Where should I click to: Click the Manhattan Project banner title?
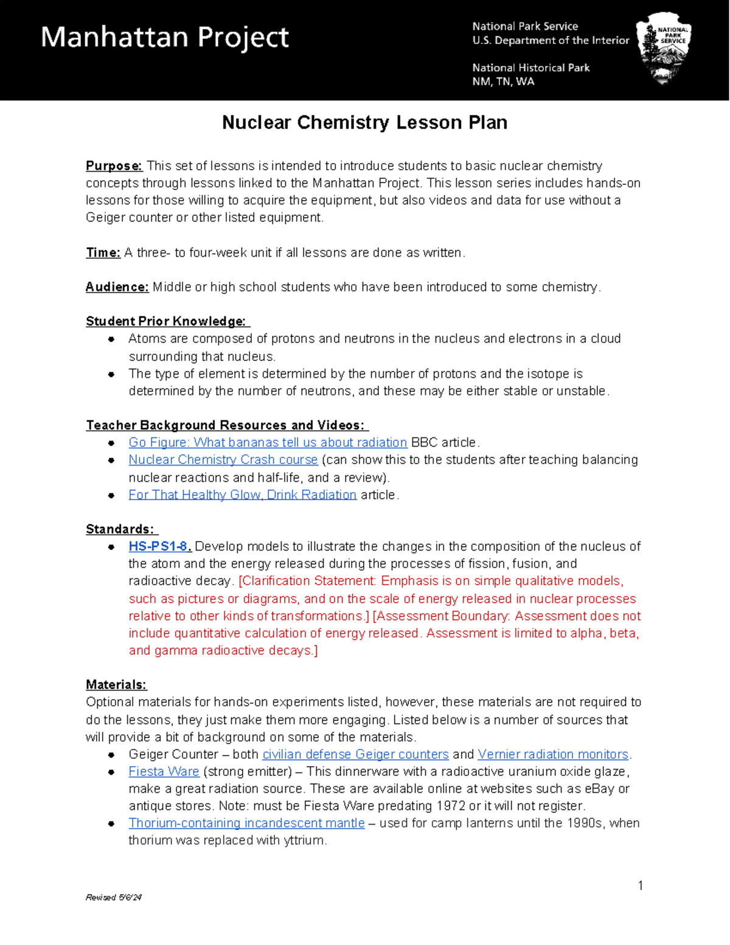pyautogui.click(x=164, y=38)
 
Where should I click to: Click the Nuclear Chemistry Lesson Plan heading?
pyautogui.click(x=364, y=122)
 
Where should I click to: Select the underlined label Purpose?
pyautogui.click(x=114, y=166)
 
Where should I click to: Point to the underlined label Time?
pyautogui.click(x=103, y=253)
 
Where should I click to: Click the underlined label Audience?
pyautogui.click(x=117, y=287)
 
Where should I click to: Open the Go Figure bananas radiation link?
pyautogui.click(x=268, y=442)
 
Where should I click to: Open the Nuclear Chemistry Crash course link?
pyautogui.click(x=223, y=460)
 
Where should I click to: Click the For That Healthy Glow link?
pyautogui.click(x=242, y=495)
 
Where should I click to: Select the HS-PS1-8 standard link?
pyautogui.click(x=159, y=546)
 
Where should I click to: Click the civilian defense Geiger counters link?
pyautogui.click(x=355, y=755)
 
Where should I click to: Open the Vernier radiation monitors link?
pyautogui.click(x=553, y=755)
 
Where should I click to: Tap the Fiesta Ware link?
pyautogui.click(x=164, y=772)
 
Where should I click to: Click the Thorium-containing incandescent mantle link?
pyautogui.click(x=246, y=823)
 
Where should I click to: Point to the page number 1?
pyautogui.click(x=641, y=885)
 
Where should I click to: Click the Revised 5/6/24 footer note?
pyautogui.click(x=114, y=898)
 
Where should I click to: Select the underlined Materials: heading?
pyautogui.click(x=116, y=685)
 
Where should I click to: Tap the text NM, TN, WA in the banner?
pyautogui.click(x=503, y=82)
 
